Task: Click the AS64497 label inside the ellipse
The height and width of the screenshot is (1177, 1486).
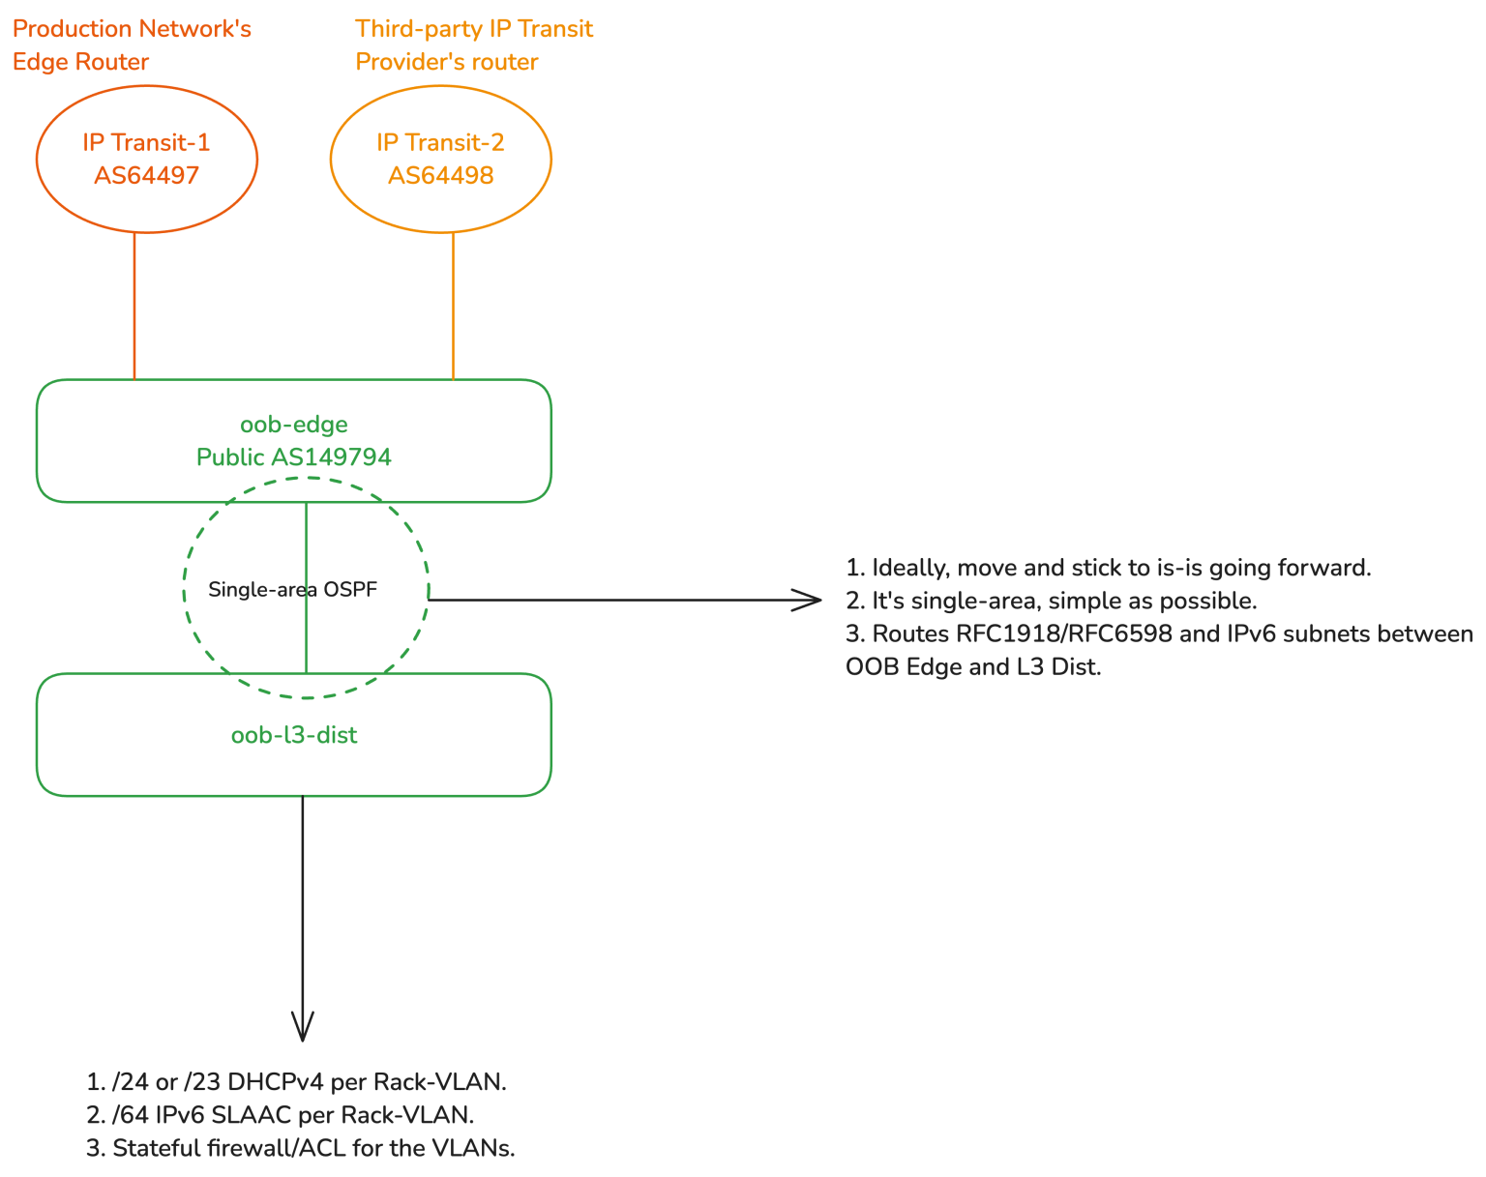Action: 146,175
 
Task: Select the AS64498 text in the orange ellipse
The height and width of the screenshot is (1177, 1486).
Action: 441,175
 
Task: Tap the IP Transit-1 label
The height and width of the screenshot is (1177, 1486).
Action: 146,142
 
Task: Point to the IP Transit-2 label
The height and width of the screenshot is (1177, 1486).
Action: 441,142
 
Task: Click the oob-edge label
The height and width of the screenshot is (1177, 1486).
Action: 294,424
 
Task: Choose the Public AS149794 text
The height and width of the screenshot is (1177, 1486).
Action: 294,456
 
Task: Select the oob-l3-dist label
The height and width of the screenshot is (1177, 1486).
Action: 294,735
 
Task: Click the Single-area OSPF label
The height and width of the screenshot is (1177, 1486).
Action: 292,589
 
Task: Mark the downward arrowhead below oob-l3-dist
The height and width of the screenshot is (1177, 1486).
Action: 303,1027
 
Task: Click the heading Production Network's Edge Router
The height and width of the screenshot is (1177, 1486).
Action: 132,45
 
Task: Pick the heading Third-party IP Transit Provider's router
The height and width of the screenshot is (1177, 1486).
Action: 474,45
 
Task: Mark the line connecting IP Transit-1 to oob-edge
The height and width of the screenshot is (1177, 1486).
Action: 134,305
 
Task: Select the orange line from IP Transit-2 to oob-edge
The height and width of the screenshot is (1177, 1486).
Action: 454,305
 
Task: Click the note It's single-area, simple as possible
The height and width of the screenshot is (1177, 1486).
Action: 1052,601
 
